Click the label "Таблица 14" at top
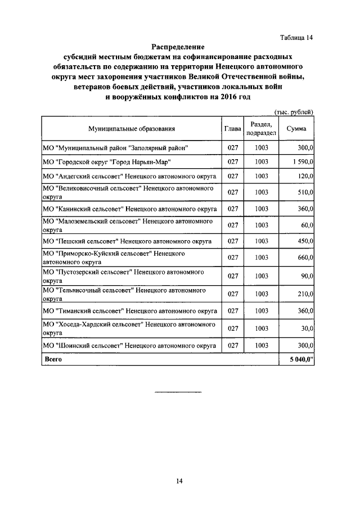coord(296,38)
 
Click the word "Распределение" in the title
coord(178,47)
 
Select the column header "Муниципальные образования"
coord(131,129)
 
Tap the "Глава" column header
coord(233,129)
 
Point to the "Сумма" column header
coord(296,129)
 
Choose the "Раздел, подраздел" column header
coord(261,129)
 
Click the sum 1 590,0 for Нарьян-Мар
coord(302,162)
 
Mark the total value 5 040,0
coord(301,359)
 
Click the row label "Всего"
coord(52,359)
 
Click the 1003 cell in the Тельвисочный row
coord(261,294)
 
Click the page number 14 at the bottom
coord(179,481)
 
